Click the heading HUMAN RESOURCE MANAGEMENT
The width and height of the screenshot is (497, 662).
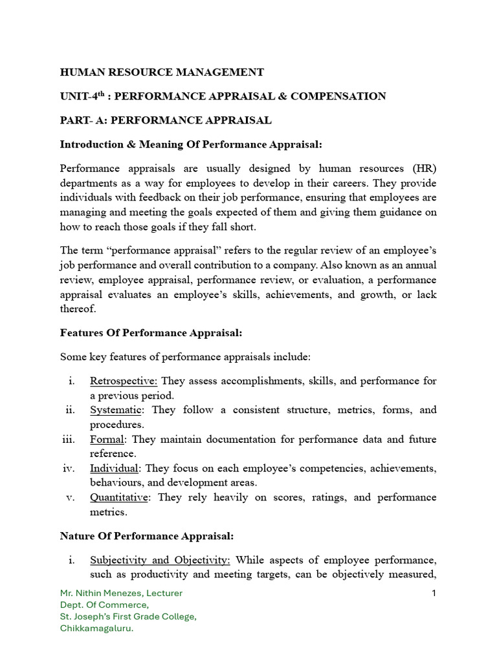pos(162,72)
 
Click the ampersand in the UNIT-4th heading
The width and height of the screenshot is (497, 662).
pos(283,96)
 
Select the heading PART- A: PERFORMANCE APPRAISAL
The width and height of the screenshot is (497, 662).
pos(166,120)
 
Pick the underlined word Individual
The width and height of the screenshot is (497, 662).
pos(114,468)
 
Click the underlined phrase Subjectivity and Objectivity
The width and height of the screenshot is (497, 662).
pos(160,559)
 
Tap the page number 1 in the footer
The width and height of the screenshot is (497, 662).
pos(434,593)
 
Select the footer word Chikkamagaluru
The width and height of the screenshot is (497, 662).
pos(96,628)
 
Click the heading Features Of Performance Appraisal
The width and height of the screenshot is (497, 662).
pos(151,332)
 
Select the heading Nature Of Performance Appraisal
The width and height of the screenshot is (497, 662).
pos(147,535)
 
